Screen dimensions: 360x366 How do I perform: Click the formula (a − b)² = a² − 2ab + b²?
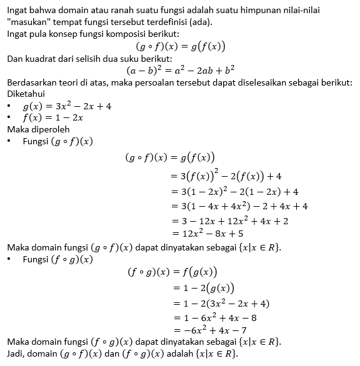(x=180, y=70)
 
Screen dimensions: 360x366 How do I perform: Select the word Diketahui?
(x=26, y=93)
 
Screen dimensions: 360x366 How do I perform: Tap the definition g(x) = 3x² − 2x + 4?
(x=67, y=106)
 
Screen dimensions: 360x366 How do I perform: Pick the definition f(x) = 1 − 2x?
(x=53, y=117)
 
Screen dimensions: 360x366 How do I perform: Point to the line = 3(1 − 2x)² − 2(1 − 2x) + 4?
(x=234, y=192)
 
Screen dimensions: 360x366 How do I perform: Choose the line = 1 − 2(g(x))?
(x=202, y=288)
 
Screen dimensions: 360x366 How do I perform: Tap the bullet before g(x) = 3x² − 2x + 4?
(x=9, y=106)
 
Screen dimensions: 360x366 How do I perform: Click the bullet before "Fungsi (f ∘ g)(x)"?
(x=9, y=259)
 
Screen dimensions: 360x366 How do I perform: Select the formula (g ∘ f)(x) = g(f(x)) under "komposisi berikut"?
(x=180, y=46)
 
